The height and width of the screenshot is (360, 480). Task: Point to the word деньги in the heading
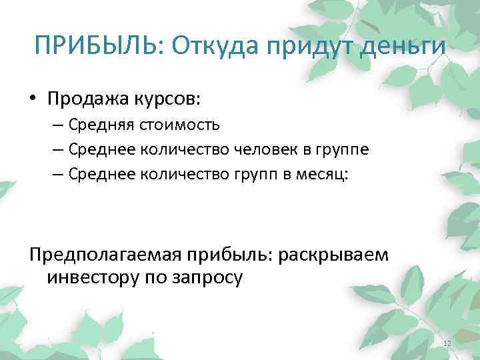(404, 47)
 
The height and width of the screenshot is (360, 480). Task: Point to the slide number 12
(447, 343)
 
